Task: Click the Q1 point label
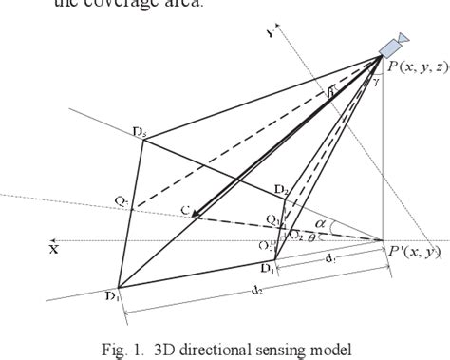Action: pyautogui.click(x=272, y=220)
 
